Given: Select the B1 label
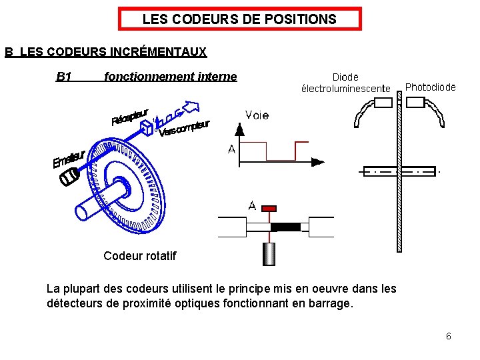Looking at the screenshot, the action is click(x=64, y=77).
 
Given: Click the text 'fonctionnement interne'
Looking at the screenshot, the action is click(x=171, y=77).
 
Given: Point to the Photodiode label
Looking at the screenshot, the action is click(x=431, y=87).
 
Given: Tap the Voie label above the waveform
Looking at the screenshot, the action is click(x=257, y=115).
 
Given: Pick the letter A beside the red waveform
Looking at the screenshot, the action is click(x=231, y=150).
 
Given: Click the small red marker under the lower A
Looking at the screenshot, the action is click(x=269, y=209).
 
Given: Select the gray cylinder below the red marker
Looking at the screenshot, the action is click(x=269, y=254).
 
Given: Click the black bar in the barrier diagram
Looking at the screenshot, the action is click(x=285, y=227).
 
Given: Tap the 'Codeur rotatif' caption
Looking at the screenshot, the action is click(x=140, y=255).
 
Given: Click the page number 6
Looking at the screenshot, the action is click(x=449, y=336).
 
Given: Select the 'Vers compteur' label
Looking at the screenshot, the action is click(x=184, y=128).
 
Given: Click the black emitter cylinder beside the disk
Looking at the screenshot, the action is click(x=69, y=178).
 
